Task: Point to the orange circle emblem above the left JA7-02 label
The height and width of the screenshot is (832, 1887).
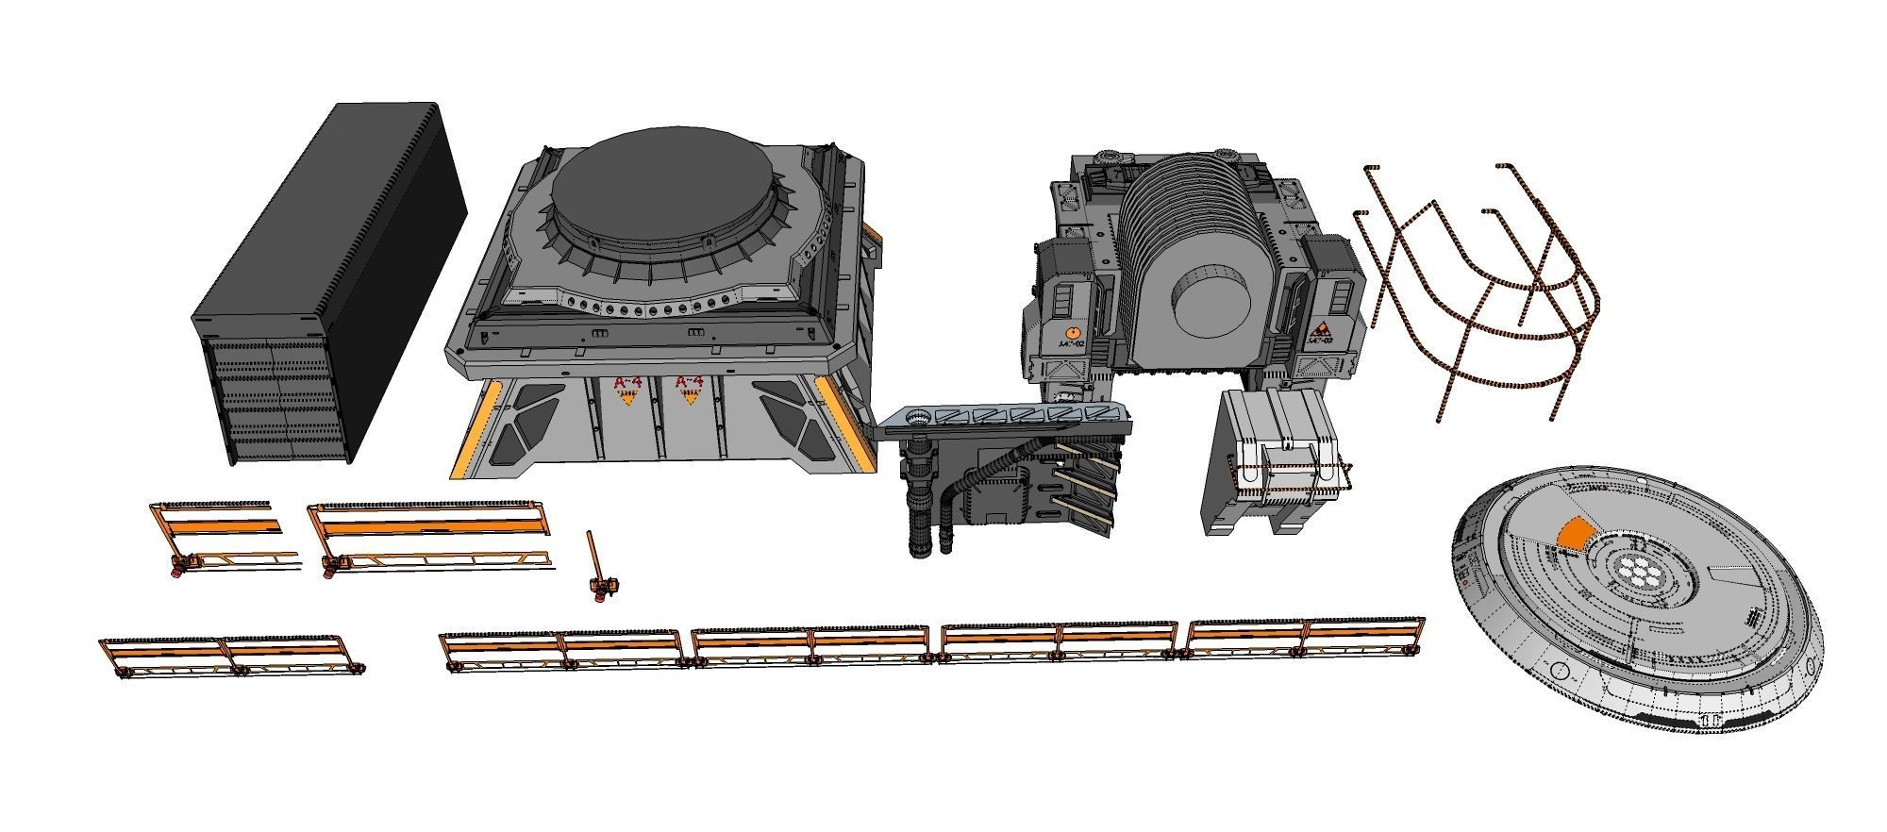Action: (1072, 333)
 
